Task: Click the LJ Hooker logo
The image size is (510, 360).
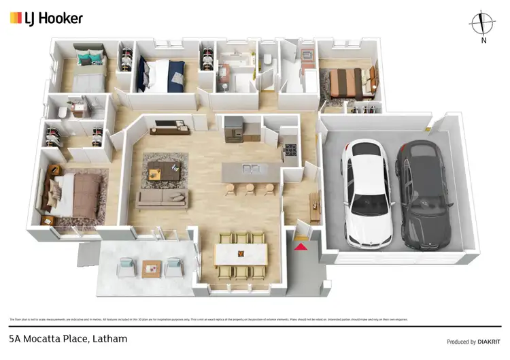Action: [x=46, y=18]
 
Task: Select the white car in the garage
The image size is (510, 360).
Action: [x=368, y=192]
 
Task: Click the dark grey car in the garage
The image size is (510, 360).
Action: [x=425, y=194]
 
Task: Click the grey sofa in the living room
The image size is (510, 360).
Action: [x=162, y=199]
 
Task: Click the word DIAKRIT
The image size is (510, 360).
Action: [x=484, y=342]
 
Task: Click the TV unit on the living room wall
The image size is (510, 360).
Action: [x=170, y=125]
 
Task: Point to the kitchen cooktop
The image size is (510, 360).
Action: [x=292, y=148]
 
